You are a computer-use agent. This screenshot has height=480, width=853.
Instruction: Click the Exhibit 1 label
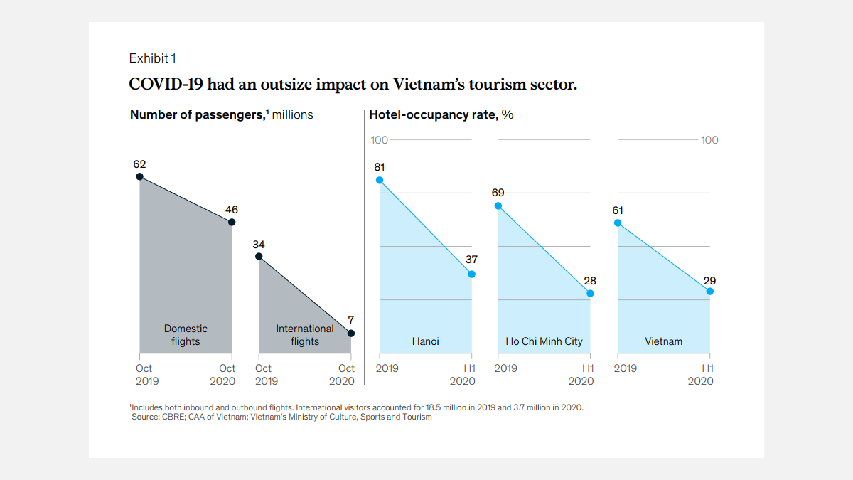(x=152, y=58)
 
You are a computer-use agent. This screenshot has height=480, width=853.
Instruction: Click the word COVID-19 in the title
(x=161, y=84)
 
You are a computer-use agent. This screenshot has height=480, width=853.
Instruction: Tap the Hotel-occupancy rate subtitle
(x=433, y=114)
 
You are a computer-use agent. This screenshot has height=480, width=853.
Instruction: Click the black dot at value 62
(x=139, y=176)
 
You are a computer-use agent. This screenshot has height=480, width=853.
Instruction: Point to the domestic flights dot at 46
(x=232, y=222)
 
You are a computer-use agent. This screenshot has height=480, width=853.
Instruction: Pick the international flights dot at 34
(x=259, y=256)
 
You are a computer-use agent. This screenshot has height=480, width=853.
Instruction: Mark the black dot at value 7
(x=351, y=333)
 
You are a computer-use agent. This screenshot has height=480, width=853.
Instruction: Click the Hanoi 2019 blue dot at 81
(x=380, y=180)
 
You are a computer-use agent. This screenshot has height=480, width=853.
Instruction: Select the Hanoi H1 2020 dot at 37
(x=472, y=274)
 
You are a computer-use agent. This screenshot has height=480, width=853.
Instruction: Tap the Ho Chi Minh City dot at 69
(x=498, y=206)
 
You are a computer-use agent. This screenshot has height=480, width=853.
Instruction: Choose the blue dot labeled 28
(x=591, y=293)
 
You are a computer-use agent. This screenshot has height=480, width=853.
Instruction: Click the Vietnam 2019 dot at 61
(x=618, y=223)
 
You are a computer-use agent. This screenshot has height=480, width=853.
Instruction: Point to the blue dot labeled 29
(x=710, y=291)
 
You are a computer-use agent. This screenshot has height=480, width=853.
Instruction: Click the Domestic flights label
(x=186, y=335)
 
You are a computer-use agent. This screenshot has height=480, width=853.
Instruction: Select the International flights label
(x=305, y=335)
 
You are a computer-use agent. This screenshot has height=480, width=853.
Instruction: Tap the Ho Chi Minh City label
(x=544, y=341)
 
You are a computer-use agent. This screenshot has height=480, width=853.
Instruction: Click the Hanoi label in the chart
(x=425, y=341)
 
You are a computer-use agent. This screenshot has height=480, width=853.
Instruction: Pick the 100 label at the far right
(x=709, y=140)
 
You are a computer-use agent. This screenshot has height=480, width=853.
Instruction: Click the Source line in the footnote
(x=281, y=417)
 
